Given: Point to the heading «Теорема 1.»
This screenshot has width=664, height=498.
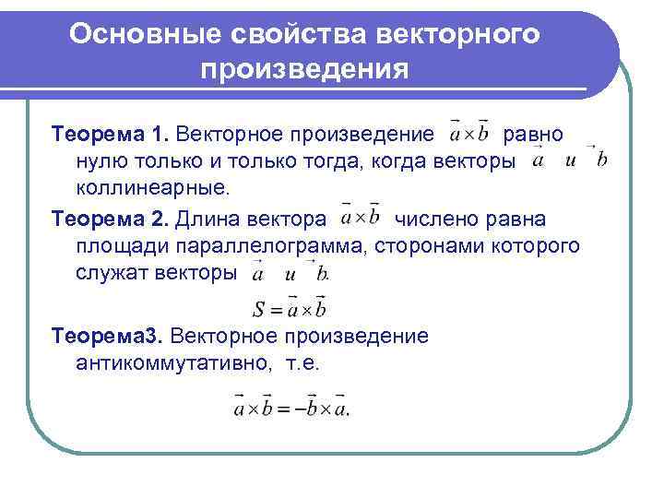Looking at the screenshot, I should [x=110, y=135].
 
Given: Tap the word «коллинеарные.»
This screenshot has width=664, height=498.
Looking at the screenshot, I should [x=150, y=187].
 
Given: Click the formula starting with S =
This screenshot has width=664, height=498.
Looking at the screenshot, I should [x=289, y=307].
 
